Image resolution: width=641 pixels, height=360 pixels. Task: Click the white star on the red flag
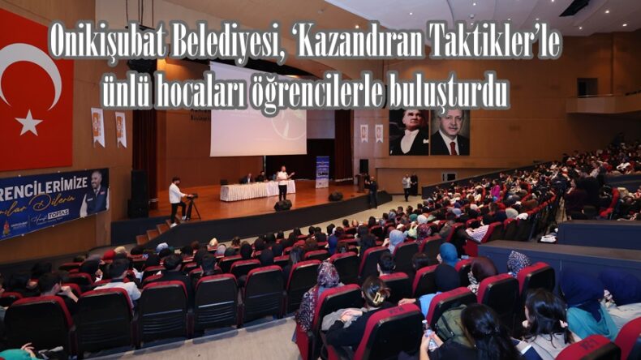click(29, 122)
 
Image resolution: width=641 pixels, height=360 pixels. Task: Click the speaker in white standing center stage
click(282, 183)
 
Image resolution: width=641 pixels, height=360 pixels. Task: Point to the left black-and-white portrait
click(410, 132)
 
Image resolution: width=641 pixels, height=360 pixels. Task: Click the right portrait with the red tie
click(450, 132)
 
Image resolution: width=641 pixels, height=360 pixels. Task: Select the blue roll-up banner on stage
click(322, 172)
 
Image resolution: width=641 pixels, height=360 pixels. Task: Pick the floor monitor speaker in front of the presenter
click(282, 205)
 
